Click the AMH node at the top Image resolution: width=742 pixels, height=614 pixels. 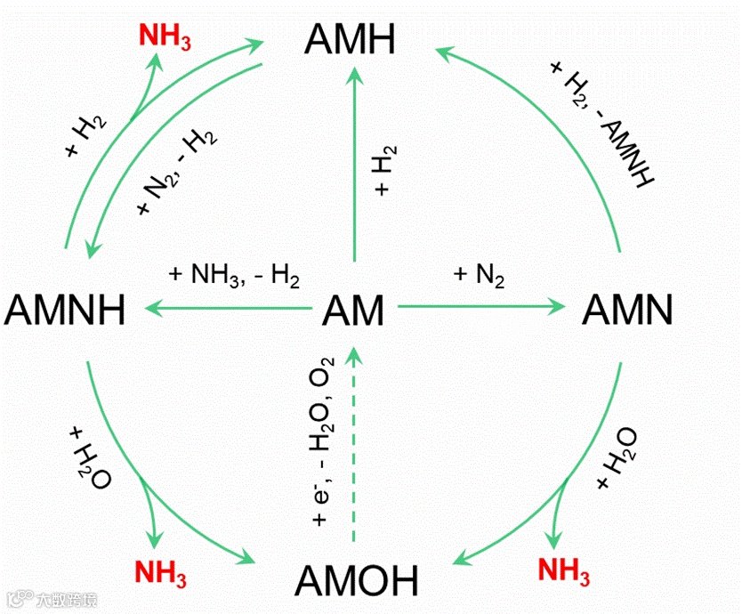(x=350, y=40)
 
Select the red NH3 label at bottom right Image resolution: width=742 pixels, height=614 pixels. (x=565, y=570)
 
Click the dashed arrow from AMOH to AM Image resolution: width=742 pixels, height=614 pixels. (x=354, y=445)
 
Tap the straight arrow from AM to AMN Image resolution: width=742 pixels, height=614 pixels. (x=480, y=307)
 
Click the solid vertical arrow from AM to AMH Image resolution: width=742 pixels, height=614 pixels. (x=354, y=169)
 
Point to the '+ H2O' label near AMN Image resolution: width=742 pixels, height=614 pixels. (x=617, y=457)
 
